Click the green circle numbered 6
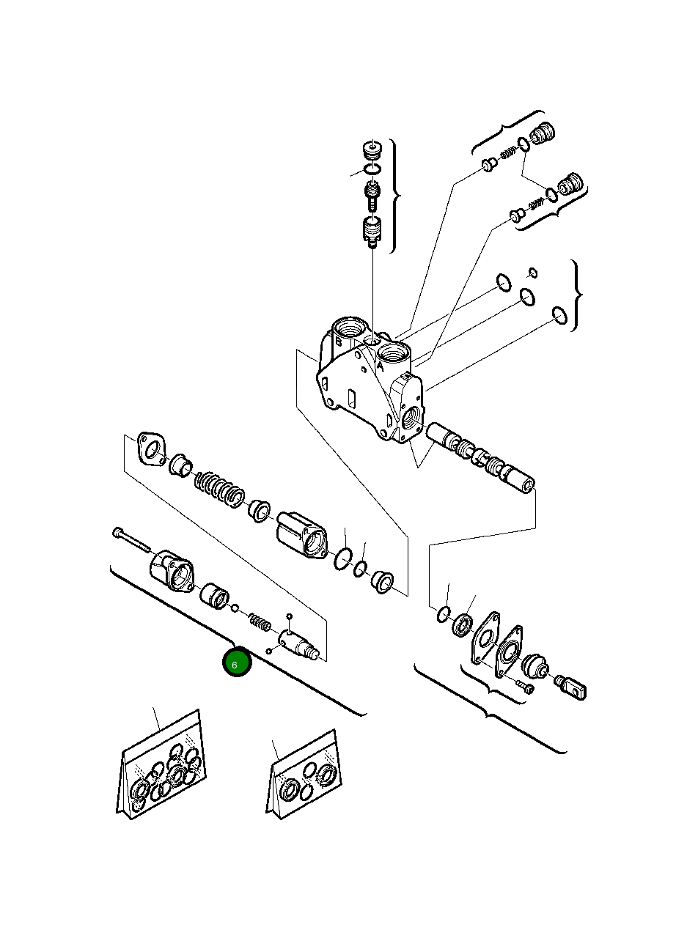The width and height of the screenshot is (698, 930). tap(237, 664)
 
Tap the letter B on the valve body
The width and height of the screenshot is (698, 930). tap(339, 342)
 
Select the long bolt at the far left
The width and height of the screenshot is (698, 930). tap(131, 540)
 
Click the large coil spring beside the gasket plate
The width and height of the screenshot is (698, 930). tap(218, 488)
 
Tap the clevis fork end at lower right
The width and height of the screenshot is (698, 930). tap(572, 687)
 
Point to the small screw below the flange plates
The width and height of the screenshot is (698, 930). tap(525, 686)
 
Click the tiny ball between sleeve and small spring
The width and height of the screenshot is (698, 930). tap(235, 608)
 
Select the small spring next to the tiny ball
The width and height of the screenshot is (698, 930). tap(260, 623)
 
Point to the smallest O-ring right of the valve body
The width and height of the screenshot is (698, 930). tap(533, 274)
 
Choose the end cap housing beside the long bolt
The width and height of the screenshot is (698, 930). tap(172, 572)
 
